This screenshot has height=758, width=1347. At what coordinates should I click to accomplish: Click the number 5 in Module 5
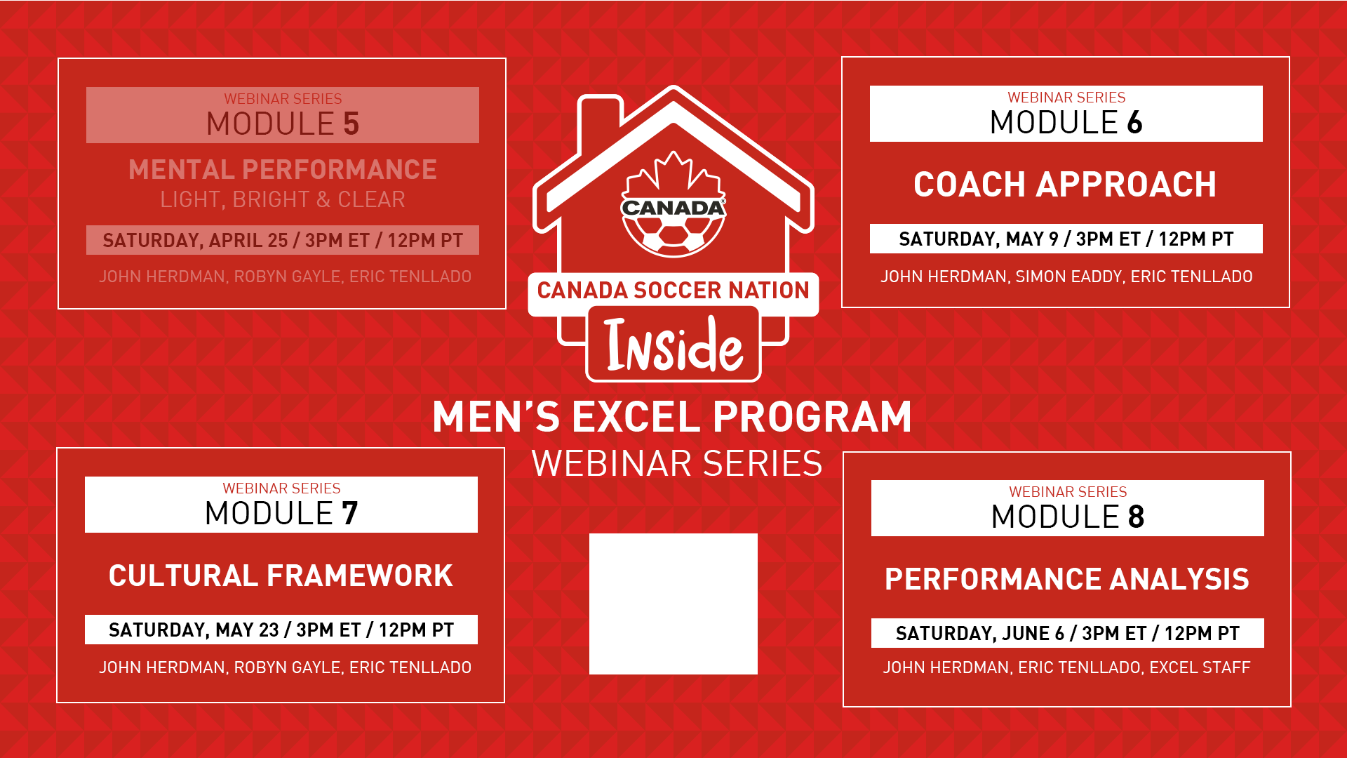click(x=351, y=124)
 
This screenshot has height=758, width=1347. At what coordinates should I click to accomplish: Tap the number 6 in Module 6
click(x=1135, y=123)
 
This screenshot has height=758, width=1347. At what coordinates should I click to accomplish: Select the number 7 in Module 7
click(x=350, y=514)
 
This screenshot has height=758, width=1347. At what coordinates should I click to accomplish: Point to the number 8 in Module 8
click(x=1137, y=517)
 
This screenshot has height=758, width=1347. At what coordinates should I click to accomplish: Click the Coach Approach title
click(x=1065, y=185)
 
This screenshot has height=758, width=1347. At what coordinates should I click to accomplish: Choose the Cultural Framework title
click(x=281, y=576)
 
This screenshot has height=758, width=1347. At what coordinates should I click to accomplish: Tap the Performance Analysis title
click(x=1067, y=579)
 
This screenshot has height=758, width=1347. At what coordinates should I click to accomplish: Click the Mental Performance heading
click(x=283, y=169)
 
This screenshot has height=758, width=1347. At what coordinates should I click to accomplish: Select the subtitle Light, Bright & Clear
click(x=283, y=199)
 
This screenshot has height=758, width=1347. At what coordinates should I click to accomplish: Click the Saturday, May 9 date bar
click(x=1066, y=239)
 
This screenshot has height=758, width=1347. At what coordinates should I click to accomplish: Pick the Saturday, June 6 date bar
click(x=1068, y=633)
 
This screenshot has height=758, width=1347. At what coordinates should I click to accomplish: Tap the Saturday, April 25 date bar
click(x=283, y=240)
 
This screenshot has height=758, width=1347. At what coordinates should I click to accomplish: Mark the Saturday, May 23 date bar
click(x=281, y=630)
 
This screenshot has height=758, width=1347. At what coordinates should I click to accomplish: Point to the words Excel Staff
click(x=1200, y=667)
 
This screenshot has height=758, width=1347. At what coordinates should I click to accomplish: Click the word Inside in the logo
click(x=674, y=345)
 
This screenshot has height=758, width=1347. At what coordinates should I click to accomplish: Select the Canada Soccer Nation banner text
click(x=673, y=290)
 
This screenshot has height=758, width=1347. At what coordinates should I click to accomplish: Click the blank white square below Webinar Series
click(x=673, y=604)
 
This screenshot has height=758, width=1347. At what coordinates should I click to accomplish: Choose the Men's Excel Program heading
click(x=672, y=417)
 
